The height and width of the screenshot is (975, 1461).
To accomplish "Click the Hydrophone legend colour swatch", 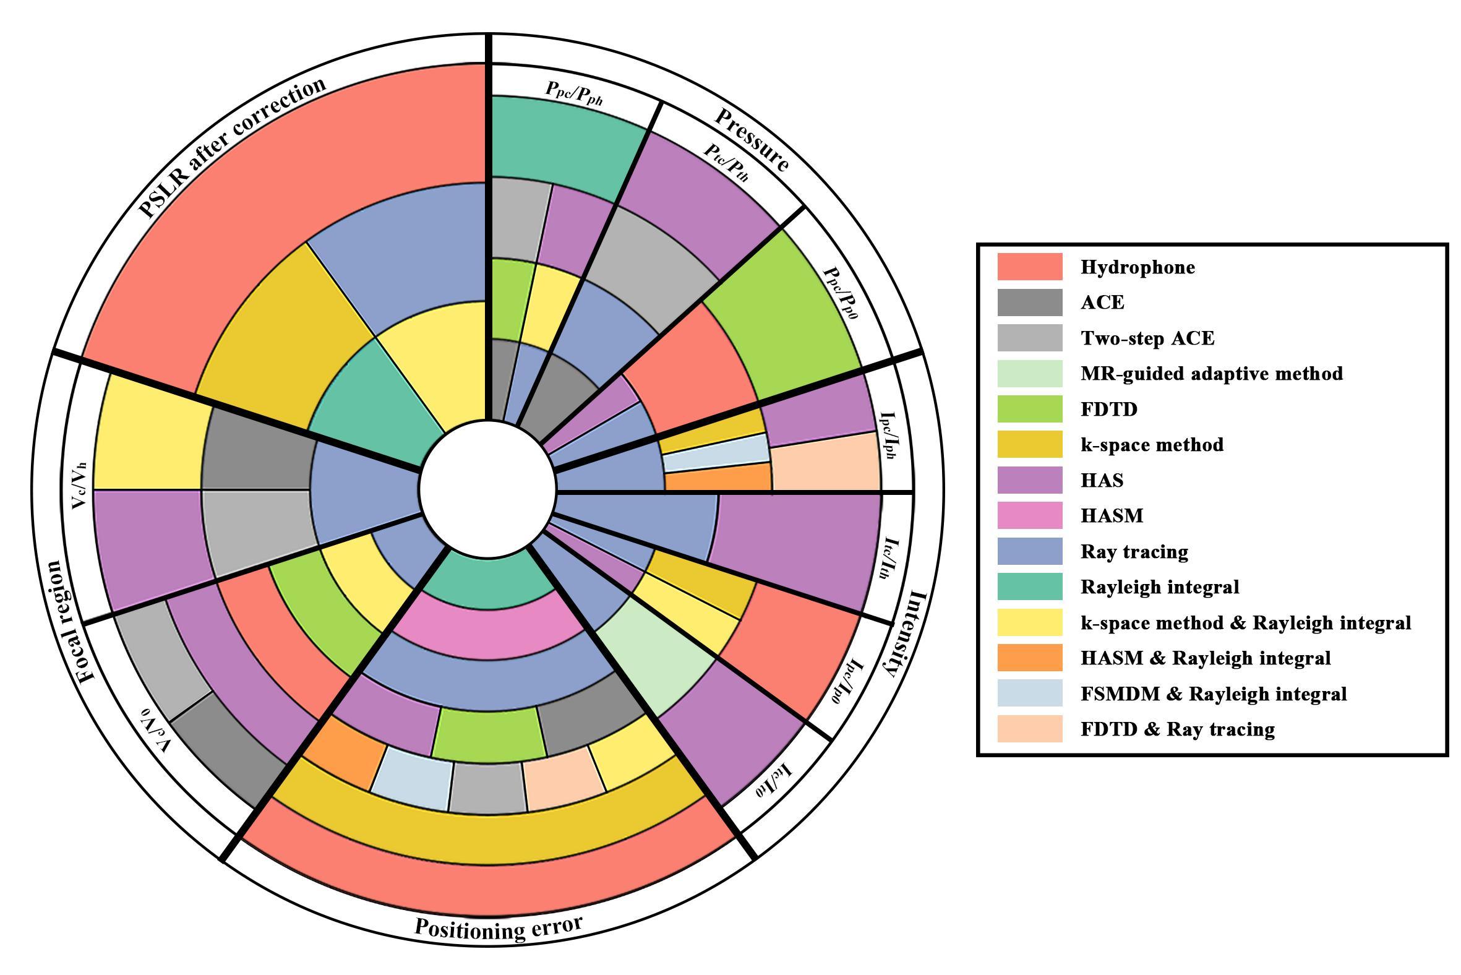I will (x=1029, y=267).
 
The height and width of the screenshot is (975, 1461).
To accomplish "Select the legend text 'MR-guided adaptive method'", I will (x=1211, y=374).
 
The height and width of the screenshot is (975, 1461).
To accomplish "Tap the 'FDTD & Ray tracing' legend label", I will (x=1178, y=729).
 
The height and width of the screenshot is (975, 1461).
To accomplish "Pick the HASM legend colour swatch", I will (x=1029, y=516).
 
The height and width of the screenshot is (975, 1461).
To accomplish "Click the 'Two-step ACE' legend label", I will (x=1147, y=338).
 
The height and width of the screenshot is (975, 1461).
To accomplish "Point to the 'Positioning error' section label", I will (x=498, y=927).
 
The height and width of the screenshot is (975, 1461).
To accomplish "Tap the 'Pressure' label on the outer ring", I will (x=752, y=140).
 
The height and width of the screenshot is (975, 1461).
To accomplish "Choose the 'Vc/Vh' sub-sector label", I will (x=79, y=486).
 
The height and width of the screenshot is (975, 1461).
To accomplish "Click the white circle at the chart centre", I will (x=487, y=489).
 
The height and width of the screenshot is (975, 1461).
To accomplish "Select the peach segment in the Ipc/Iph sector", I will (x=826, y=462).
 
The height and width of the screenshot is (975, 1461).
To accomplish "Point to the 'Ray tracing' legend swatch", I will (x=1029, y=552).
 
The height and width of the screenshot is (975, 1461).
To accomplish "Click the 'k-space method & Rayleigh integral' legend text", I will (x=1245, y=622).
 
